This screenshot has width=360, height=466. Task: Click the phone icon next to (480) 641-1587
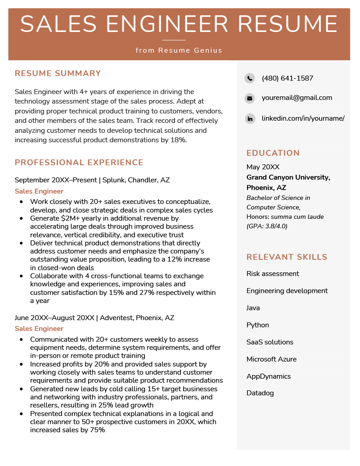pos(250,78)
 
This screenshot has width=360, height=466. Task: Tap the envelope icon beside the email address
pos(250,98)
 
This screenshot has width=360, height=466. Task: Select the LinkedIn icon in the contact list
pos(250,119)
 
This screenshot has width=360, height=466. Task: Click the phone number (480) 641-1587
pos(287,78)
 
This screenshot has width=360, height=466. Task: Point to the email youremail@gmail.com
pos(297,98)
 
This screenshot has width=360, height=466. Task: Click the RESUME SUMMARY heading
pos(58,73)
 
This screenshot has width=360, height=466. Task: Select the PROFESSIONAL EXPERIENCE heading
pos(79,163)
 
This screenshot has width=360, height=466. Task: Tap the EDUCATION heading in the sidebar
pos(273,153)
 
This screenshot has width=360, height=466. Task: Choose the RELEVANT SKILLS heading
pos(287,257)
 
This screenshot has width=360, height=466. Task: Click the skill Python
pos(257,325)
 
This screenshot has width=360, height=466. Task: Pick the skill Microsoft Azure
pos(271,359)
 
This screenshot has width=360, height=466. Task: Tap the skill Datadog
pos(260,393)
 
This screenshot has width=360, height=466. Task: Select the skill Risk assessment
pos(273,274)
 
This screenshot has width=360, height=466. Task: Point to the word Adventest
pos(116,318)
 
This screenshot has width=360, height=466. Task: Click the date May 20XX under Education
pos(263,167)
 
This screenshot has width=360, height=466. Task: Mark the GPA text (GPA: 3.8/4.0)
pos(266,226)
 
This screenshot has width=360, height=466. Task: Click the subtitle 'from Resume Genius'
pos(179,50)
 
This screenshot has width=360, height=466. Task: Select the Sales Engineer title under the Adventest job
pos(39,329)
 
